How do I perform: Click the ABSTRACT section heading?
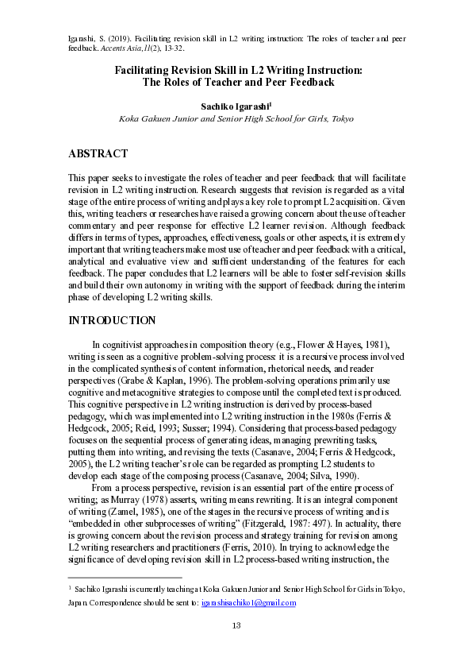tap(98, 153)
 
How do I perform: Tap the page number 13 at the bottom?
tap(236, 626)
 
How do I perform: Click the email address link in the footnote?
tap(248, 603)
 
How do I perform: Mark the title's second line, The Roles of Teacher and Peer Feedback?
tap(237, 82)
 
